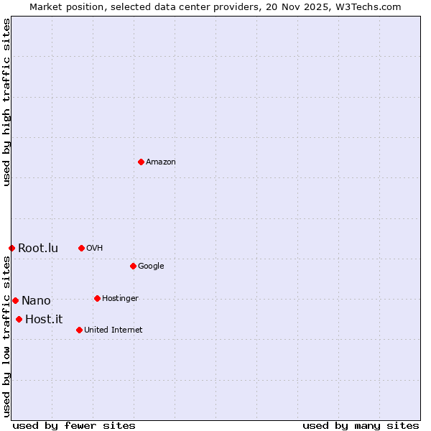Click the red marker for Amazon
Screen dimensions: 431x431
coord(141,162)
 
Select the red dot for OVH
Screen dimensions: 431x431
coord(81,248)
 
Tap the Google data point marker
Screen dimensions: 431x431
coord(133,266)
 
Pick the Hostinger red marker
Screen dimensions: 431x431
coord(97,298)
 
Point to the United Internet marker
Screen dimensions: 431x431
coord(79,330)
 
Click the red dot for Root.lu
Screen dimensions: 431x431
coord(11,248)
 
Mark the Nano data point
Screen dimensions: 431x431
coord(15,300)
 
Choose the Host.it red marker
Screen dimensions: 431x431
coord(19,319)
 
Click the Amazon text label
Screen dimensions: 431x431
coord(161,162)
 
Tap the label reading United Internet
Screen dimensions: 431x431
coord(113,330)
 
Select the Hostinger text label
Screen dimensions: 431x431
coord(120,299)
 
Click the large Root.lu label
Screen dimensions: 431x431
coord(38,249)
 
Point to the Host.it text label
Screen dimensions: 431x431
coord(44,320)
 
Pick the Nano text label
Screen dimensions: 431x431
coord(36,301)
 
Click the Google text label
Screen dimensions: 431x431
coord(151,267)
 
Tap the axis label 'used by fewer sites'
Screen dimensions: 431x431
coord(74,426)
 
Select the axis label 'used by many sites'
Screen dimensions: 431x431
coord(361,426)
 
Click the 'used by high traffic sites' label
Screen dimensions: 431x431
coord(7,102)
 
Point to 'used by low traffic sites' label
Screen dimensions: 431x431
coord(7,335)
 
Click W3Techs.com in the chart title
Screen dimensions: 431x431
coord(366,7)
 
